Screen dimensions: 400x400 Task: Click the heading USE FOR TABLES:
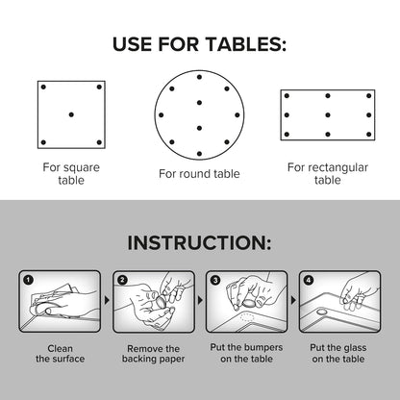[200, 45]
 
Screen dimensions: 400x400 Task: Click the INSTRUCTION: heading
[200, 244]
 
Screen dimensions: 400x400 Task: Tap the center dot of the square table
[72, 114]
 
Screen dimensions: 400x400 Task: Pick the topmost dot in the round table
[199, 75]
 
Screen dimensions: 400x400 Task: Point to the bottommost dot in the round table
[199, 153]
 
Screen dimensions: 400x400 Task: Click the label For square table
[71, 172]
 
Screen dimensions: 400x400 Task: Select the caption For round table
[199, 174]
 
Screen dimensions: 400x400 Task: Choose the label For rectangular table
[327, 173]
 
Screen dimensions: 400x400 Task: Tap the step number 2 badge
[122, 280]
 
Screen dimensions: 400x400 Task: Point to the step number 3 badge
[215, 280]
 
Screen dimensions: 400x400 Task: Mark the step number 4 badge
[309, 280]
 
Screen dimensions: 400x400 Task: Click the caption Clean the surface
[60, 354]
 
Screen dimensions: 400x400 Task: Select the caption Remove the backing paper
[153, 354]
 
